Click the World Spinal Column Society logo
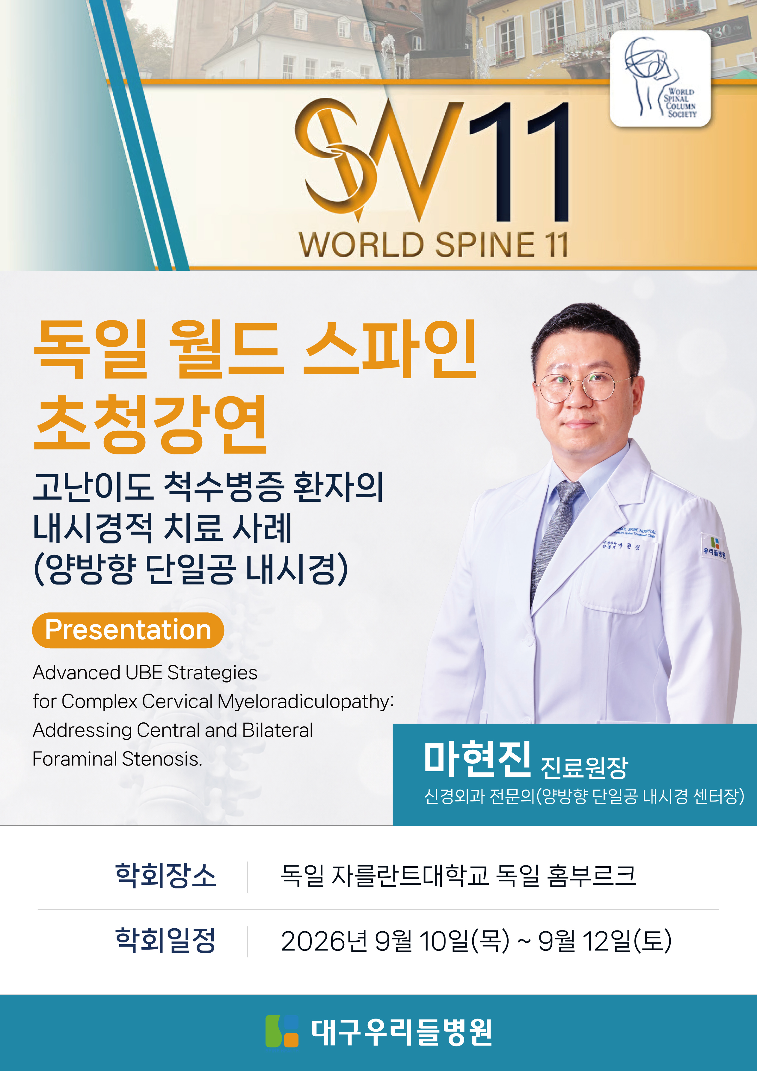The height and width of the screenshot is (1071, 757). (x=660, y=78)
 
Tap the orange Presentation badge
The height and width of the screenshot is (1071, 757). (x=128, y=630)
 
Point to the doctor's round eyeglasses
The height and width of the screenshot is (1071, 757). (x=583, y=387)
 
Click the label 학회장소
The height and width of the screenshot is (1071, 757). (x=166, y=875)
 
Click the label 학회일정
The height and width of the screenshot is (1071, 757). (x=166, y=940)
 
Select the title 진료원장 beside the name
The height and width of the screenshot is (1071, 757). (x=584, y=767)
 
